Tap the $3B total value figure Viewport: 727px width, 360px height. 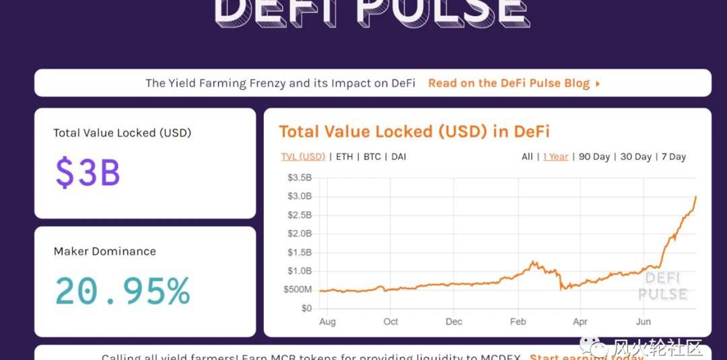tap(88, 172)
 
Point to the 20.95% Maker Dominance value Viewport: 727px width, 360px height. tap(122, 291)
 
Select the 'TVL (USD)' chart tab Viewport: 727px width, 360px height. tap(303, 157)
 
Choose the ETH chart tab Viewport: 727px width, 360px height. tap(344, 157)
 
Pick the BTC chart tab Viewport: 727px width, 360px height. tap(372, 157)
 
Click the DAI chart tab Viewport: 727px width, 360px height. tap(399, 157)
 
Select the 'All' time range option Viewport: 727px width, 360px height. tap(527, 157)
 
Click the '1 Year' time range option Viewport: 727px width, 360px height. tap(555, 157)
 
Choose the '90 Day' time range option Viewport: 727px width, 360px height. tap(594, 157)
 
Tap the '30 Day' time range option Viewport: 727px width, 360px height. tap(635, 157)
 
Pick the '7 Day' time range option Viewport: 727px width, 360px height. tap(673, 157)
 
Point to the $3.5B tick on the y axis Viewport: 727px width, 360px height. tap(300, 178)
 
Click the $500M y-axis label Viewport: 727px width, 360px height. tap(297, 289)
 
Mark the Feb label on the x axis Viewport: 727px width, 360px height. tap(518, 322)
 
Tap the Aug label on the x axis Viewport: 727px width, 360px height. tap(327, 322)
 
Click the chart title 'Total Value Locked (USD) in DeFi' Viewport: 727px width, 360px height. tap(414, 131)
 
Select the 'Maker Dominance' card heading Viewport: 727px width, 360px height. tap(105, 252)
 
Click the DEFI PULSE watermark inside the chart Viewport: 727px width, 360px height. tap(662, 287)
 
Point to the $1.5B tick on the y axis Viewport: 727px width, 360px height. tap(300, 252)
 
